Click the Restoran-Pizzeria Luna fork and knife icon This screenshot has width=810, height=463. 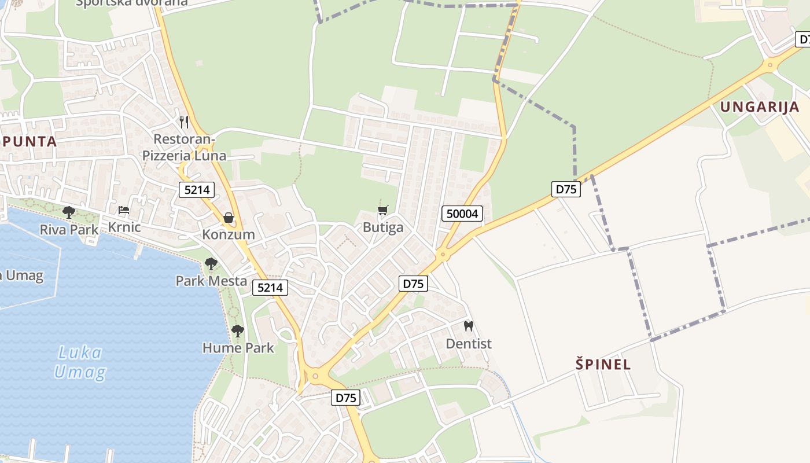coord(184,122)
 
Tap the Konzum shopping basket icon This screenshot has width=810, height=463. coord(228,218)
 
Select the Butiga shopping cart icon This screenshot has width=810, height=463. coord(382,210)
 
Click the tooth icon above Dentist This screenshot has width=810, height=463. coord(469,326)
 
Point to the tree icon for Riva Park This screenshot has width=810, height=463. coord(69,212)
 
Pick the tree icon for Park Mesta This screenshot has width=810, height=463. coord(211,264)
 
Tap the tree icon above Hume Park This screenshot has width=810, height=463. coord(237,331)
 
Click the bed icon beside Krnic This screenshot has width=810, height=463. coord(123,210)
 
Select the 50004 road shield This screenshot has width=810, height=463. coord(463,214)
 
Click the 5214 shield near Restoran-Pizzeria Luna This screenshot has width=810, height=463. coord(197,189)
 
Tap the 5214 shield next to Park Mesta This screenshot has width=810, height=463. coord(270,287)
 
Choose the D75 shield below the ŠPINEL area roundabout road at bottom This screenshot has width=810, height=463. coord(346,398)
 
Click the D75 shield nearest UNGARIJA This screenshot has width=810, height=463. coord(565,189)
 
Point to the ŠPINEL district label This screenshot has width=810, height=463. coord(603,365)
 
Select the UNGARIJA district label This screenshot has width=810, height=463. coord(760,107)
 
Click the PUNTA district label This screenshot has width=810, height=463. coord(29,141)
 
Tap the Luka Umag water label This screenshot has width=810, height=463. coord(80,362)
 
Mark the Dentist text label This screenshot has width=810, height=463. coord(469,344)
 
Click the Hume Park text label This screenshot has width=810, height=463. coord(238,348)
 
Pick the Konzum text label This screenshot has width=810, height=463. coord(228,234)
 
